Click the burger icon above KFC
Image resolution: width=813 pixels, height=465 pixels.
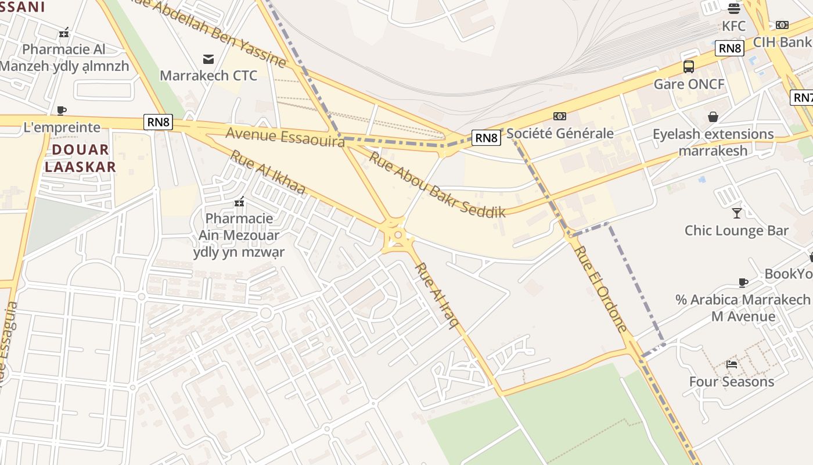pos(734,9)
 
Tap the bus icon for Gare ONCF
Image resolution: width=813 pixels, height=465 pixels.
pos(689,67)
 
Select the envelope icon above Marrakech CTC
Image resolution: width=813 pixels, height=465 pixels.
pos(208,59)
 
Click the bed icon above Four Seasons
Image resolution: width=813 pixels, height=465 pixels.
pos(732,364)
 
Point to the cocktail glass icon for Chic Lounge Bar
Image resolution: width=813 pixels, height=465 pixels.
pos(737,213)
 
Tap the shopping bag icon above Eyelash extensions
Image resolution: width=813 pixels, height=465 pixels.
pos(713,117)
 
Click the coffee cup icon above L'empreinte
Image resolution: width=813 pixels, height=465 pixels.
pos(62,110)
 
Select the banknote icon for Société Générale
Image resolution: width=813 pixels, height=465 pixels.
pos(560,116)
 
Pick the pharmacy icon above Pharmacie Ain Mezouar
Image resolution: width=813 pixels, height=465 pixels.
pos(239,202)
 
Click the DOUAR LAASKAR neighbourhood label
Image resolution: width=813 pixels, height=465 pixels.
pos(80,158)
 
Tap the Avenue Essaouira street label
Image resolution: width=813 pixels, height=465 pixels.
pos(285,137)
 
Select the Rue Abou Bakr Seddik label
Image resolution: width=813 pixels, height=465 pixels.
pos(437,184)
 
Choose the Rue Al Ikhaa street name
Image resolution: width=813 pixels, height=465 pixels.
pos(267,172)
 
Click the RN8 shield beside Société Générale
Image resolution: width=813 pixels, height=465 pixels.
pos(485,138)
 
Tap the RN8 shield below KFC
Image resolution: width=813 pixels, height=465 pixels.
pos(729,48)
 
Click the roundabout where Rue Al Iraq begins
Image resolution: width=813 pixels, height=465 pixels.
pos(398,235)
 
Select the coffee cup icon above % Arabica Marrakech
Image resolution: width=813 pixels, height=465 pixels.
pos(743,282)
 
